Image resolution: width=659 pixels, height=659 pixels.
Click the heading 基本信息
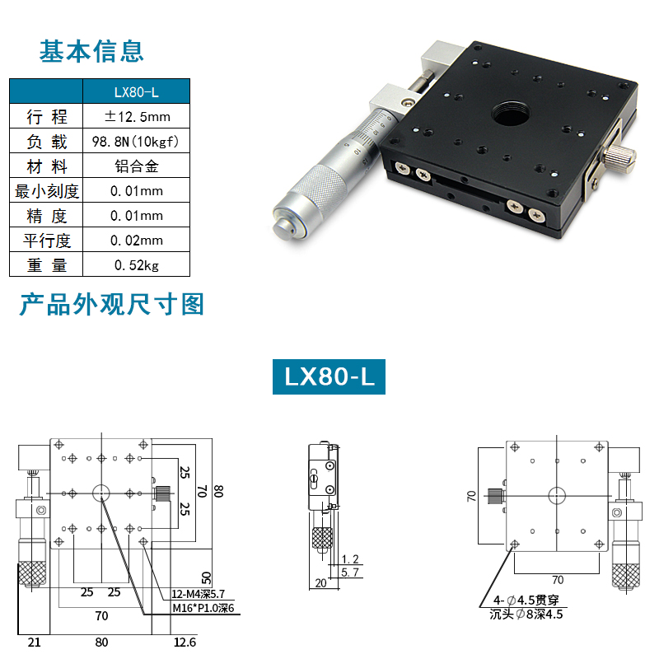coord(91,51)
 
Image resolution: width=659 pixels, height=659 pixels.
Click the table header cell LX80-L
coord(137,91)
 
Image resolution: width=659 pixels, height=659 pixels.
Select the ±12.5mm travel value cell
coord(137,116)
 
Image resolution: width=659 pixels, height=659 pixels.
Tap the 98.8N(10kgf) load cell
coord(137,141)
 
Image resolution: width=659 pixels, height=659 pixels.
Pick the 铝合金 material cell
coord(137,166)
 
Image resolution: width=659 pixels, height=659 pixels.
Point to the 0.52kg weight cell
coord(137,264)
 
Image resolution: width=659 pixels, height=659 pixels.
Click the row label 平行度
coord(47,240)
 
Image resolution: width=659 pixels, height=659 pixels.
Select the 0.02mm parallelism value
coord(137,240)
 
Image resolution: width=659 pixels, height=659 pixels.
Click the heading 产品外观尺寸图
coord(111,305)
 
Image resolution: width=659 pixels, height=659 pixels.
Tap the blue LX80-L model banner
coord(329,376)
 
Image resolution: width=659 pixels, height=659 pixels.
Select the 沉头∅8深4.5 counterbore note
coord(527,614)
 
